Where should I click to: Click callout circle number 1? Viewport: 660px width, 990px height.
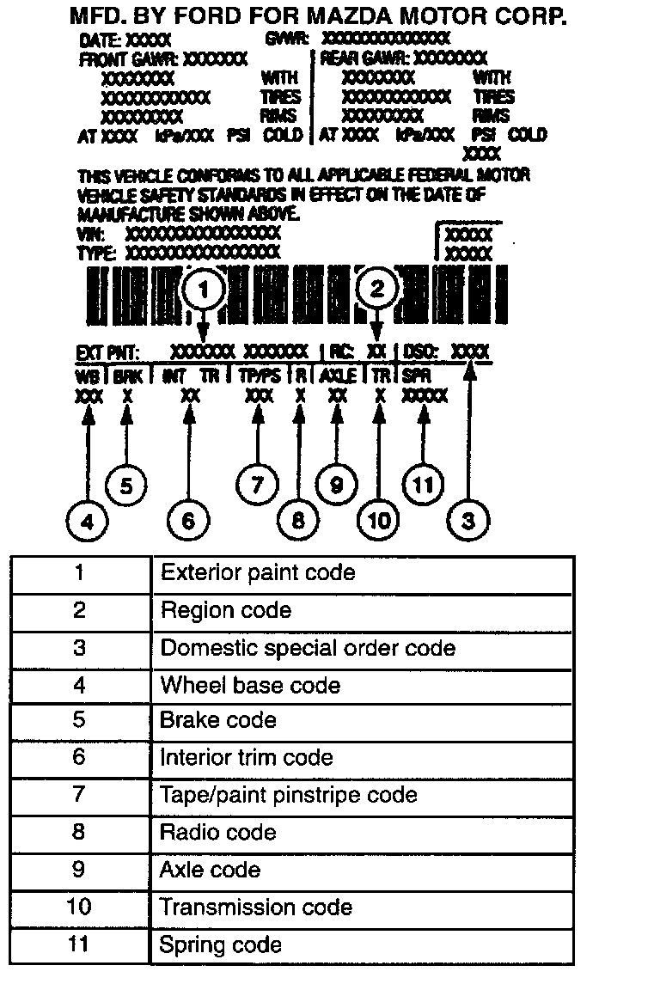204,291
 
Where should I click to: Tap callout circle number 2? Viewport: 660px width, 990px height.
377,290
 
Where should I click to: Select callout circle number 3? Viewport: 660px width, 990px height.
468,521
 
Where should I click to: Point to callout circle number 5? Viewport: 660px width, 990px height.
125,486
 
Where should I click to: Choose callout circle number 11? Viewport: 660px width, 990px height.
423,486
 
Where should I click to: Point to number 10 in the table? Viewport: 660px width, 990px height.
79,907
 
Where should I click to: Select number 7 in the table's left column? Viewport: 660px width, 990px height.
79,795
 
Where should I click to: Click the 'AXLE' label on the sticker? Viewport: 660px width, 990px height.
338,376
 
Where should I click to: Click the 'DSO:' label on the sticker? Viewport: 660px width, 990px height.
421,351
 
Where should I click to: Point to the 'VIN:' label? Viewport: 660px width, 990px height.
92,234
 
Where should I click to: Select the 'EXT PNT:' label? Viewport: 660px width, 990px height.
107,351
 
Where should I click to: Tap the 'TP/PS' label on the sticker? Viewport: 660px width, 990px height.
259,376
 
